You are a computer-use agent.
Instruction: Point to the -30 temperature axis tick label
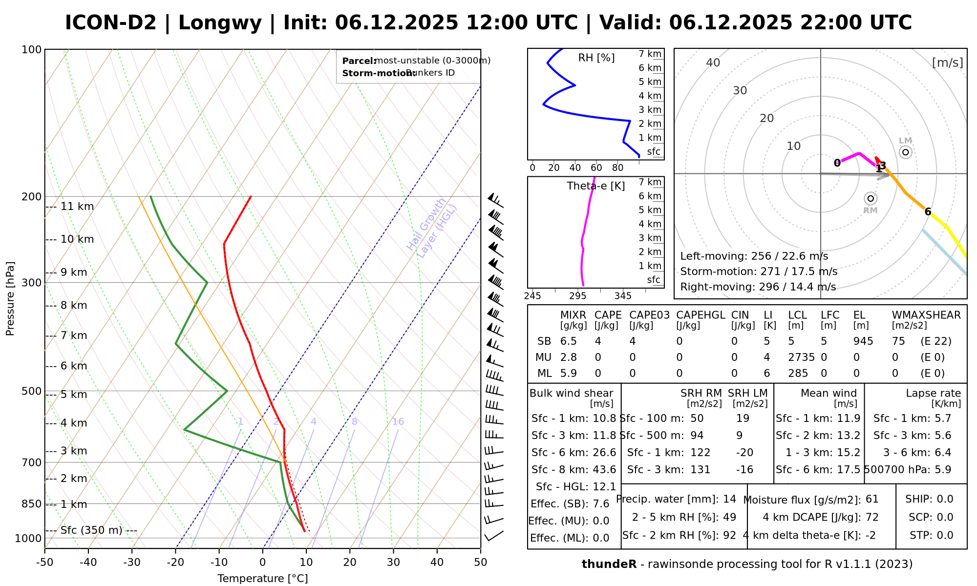[132, 562]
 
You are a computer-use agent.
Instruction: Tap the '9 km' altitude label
[73, 272]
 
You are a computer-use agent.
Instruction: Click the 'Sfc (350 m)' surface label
[91, 530]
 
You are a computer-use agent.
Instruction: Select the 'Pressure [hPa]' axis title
[10, 298]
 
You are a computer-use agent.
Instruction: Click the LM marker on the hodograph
[905, 152]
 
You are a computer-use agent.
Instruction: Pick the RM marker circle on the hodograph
[871, 198]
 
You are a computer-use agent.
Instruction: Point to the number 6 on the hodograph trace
[928, 212]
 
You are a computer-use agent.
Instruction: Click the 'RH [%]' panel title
[596, 58]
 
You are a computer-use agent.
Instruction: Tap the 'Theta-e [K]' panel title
[595, 186]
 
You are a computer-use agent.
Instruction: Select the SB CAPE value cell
[598, 341]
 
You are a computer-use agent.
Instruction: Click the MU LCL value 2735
[801, 357]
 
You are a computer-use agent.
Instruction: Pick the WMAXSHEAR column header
[926, 315]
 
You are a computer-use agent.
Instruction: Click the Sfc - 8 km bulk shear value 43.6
[604, 470]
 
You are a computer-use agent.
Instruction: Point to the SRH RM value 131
[700, 470]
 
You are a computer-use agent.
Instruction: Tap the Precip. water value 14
[729, 499]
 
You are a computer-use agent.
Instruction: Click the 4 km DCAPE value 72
[872, 517]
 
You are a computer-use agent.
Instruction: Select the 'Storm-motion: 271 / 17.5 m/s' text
[759, 272]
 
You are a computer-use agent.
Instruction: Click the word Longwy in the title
[220, 23]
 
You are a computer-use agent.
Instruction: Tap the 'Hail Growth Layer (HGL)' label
[432, 228]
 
